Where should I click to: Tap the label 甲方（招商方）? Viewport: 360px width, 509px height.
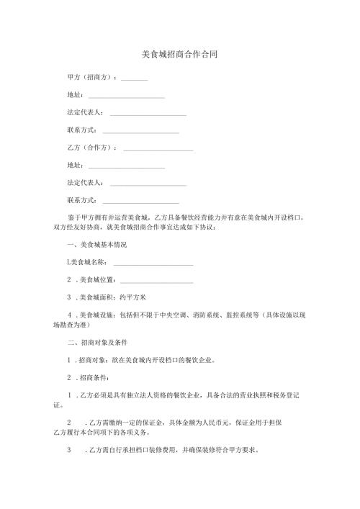coord(90,77)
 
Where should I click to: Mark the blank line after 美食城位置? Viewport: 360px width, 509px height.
coord(157,281)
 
